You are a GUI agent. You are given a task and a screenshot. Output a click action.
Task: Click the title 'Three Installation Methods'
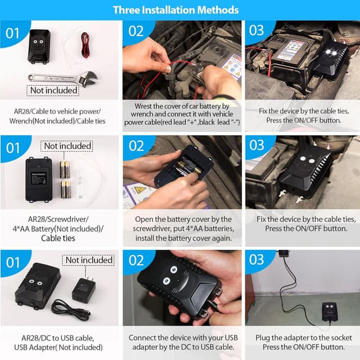click(175, 10)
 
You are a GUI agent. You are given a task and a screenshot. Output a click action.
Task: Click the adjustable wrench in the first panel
click(63, 78)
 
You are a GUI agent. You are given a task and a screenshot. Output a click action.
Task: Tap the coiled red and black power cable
click(85, 45)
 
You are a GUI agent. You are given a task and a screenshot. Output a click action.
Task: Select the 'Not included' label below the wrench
click(53, 91)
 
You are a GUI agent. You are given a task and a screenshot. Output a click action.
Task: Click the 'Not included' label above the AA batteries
click(67, 146)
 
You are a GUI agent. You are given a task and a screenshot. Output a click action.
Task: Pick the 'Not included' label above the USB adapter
click(88, 260)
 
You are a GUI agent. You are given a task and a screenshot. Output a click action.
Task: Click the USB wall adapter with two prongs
click(84, 289)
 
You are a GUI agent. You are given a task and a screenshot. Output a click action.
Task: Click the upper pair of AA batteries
click(65, 170)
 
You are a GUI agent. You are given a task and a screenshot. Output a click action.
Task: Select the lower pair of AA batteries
click(65, 190)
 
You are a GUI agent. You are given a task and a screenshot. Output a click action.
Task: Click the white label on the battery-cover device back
click(39, 178)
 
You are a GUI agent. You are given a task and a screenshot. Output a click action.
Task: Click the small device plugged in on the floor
click(330, 311)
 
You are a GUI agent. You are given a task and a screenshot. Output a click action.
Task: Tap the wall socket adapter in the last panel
click(283, 253)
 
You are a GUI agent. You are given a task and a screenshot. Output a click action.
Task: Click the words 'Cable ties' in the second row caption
click(58, 238)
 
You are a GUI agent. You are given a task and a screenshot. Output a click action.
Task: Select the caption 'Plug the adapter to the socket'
click(304, 337)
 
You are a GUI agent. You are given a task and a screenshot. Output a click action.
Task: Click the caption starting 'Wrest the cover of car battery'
click(182, 114)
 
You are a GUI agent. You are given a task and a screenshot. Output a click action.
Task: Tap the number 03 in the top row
click(256, 30)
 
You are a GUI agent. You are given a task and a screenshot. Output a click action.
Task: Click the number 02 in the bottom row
click(136, 260)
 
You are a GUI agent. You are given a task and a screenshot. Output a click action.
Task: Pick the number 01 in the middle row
click(13, 148)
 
